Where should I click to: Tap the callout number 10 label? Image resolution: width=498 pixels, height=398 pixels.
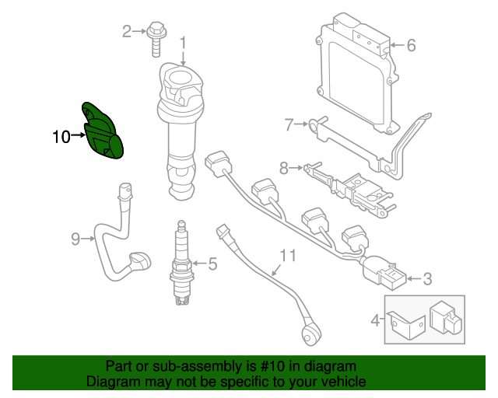(61, 138)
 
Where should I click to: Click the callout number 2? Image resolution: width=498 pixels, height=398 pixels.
(127, 32)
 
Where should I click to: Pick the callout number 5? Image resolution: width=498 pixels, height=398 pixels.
(212, 266)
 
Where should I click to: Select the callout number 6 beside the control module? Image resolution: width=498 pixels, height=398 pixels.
(411, 45)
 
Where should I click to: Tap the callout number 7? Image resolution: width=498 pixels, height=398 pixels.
(288, 124)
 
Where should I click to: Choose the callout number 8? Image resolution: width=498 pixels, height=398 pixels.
(284, 166)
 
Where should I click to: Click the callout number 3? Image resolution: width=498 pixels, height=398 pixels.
(426, 278)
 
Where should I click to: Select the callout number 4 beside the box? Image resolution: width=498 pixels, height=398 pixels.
(375, 319)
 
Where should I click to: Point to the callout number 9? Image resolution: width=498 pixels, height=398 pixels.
(75, 239)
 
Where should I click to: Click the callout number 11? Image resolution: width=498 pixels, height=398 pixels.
(288, 254)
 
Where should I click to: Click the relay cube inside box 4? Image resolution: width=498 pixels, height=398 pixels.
(446, 318)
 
